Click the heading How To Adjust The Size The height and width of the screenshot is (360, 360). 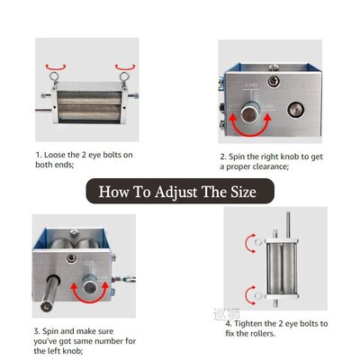pyautogui.click(x=180, y=191)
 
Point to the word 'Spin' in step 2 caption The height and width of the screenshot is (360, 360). pyautogui.click(x=242, y=156)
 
